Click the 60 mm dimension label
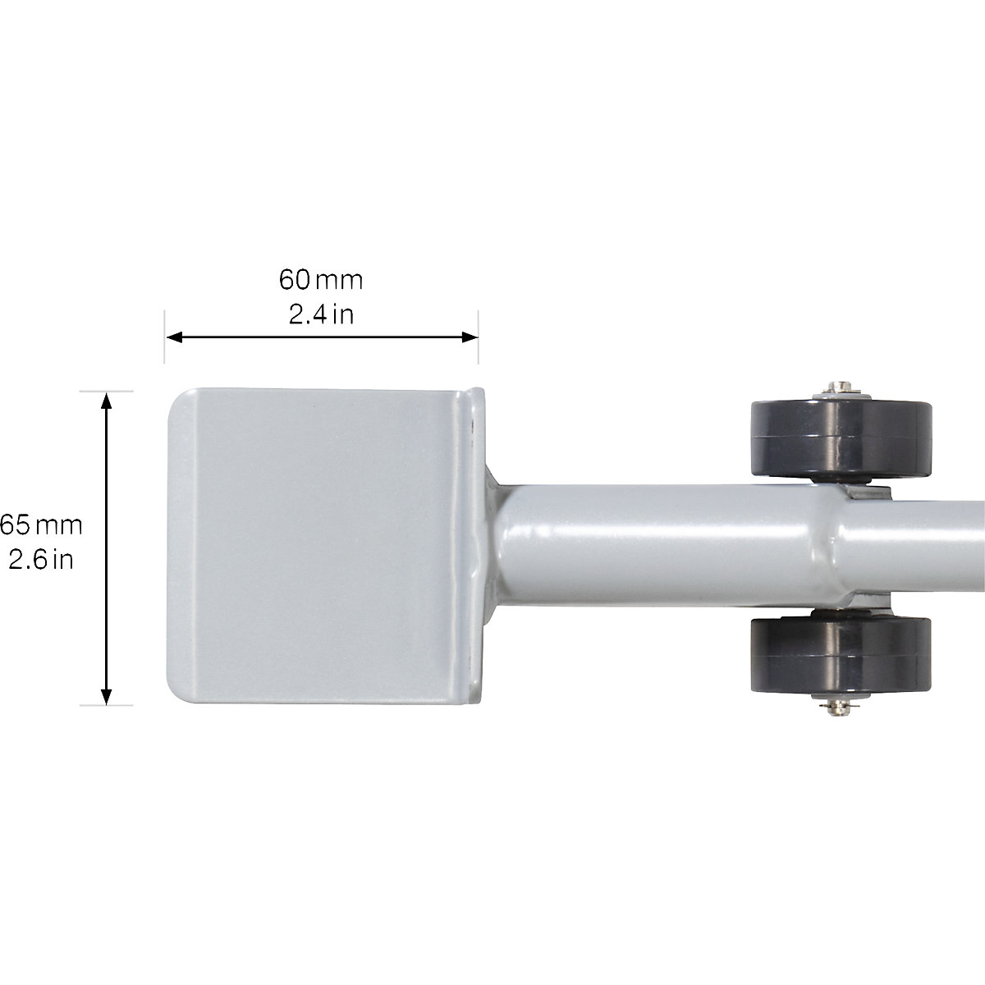pos(321,280)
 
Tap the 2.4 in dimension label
pos(321,314)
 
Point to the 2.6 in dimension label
pos(41,560)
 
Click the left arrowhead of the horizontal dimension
pos(172,337)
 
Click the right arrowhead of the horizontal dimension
pos(470,337)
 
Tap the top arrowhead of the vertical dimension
pos(106,399)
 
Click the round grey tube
pos(657,546)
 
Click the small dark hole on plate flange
pos(473,424)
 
